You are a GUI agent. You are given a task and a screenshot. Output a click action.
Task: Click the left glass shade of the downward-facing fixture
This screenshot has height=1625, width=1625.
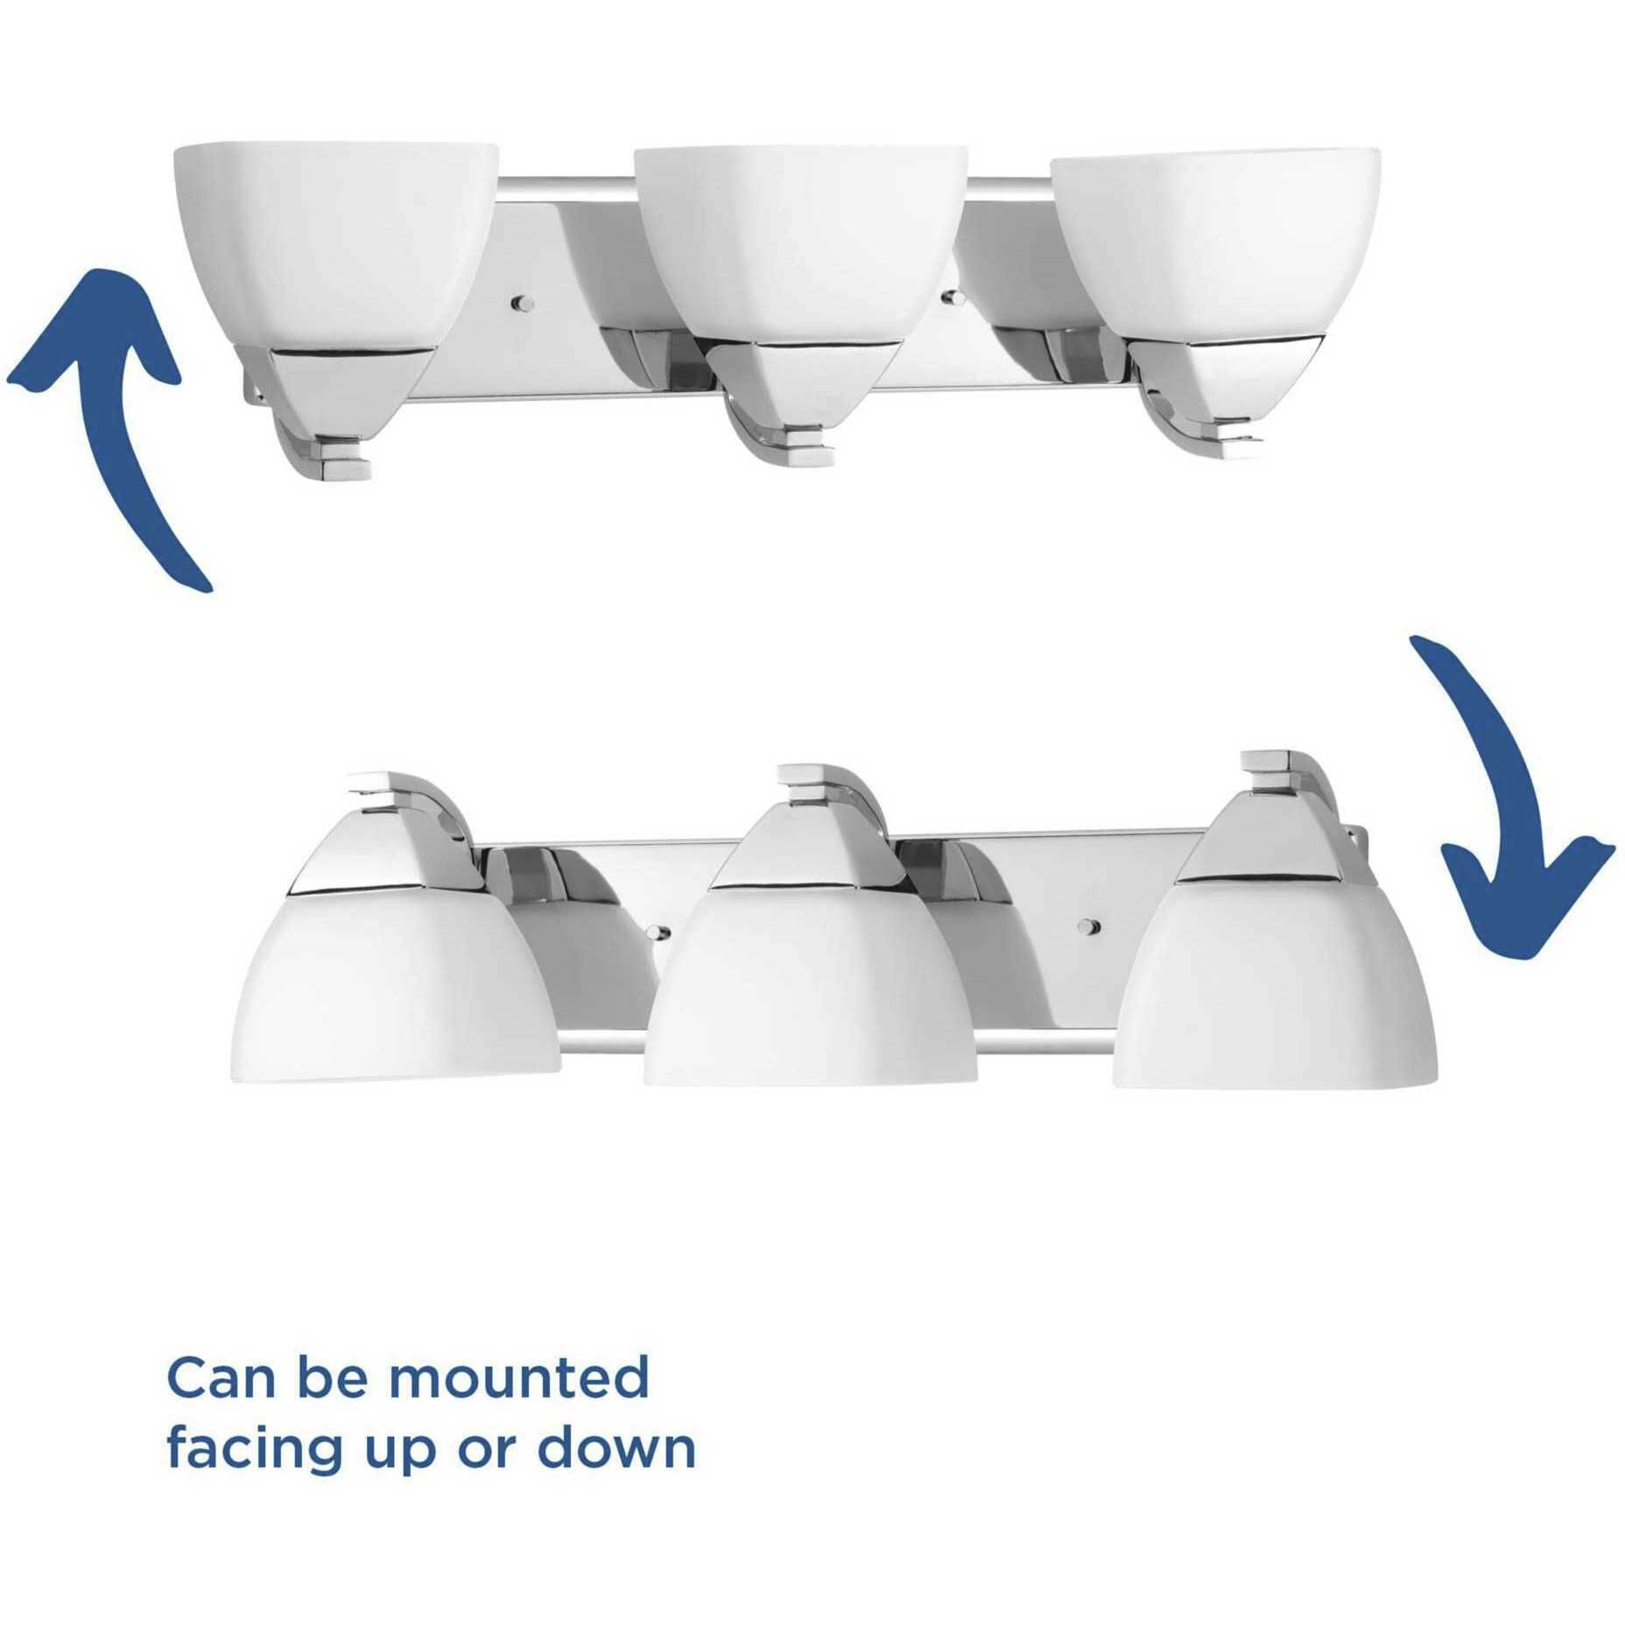pyautogui.click(x=399, y=981)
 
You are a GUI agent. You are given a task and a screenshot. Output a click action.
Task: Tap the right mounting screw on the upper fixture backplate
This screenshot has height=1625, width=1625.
pyautogui.click(x=954, y=299)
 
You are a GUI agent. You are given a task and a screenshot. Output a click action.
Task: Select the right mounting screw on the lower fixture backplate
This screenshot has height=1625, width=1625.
pyautogui.click(x=1088, y=925)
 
